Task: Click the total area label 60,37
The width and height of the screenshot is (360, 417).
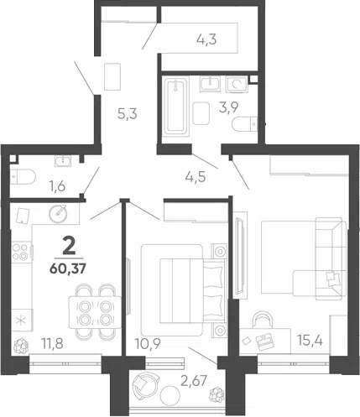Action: (x=68, y=268)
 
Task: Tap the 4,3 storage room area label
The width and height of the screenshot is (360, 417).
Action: (x=206, y=39)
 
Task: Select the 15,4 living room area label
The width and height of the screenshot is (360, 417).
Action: (x=310, y=341)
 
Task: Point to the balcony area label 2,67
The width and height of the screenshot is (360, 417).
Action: (x=194, y=381)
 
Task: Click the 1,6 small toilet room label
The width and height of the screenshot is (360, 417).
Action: (x=57, y=185)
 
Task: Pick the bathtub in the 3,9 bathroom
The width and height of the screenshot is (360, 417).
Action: (x=175, y=107)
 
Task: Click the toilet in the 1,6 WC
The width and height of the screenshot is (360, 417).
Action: (x=23, y=177)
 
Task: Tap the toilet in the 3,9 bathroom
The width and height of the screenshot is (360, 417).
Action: (x=245, y=124)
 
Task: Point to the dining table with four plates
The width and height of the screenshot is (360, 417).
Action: (x=96, y=312)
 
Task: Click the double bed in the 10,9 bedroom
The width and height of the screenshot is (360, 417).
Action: (x=193, y=290)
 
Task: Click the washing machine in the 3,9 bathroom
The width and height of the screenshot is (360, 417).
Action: (x=237, y=84)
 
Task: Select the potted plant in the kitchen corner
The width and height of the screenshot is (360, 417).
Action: (x=21, y=346)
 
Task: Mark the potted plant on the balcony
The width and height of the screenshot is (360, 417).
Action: (x=217, y=394)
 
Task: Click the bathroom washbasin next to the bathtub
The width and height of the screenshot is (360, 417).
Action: (x=210, y=84)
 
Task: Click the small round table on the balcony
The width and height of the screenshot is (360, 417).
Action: (x=170, y=395)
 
